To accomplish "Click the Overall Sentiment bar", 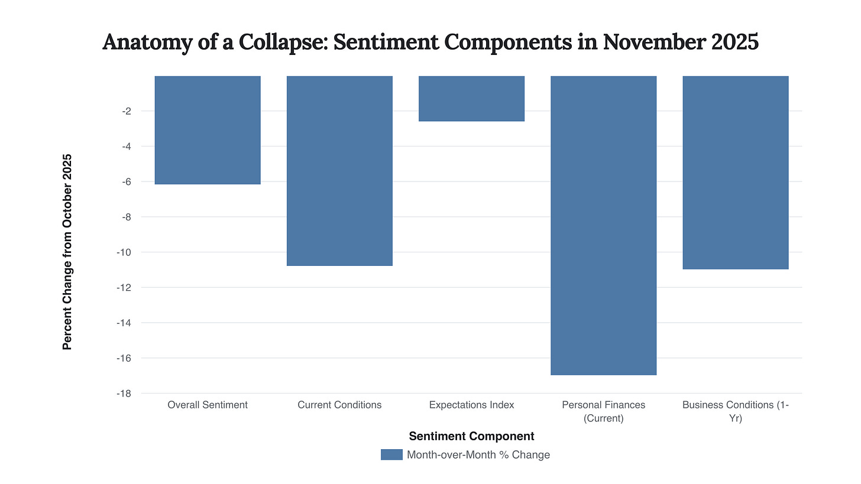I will (x=208, y=130).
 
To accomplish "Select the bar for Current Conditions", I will (x=339, y=171).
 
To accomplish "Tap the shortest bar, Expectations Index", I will (x=471, y=99).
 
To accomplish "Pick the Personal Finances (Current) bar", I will (x=603, y=225).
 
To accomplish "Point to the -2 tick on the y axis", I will (x=127, y=111).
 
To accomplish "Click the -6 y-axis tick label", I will (x=127, y=181).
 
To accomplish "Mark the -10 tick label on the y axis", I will (x=124, y=252).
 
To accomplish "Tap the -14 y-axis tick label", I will (x=124, y=323).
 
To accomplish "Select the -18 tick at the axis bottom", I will (x=124, y=394).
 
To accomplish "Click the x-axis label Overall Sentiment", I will (x=208, y=405).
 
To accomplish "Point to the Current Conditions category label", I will (x=339, y=405).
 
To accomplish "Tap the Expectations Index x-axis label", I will (x=471, y=405).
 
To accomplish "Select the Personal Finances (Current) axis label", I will (x=603, y=411).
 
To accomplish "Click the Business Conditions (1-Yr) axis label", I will (x=735, y=411).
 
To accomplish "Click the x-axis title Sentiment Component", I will (x=471, y=436).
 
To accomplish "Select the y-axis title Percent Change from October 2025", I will (x=67, y=252).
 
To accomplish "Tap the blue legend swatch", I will (x=391, y=454).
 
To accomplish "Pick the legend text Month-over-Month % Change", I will (x=478, y=454).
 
